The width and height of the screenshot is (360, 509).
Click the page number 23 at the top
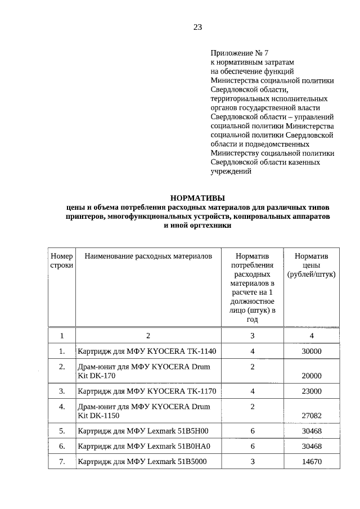click(197, 26)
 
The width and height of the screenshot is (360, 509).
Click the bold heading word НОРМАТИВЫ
click(197, 197)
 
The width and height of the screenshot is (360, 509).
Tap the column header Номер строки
click(62, 260)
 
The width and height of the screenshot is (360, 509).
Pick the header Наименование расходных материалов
click(148, 256)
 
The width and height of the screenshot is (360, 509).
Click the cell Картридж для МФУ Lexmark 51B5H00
click(143, 431)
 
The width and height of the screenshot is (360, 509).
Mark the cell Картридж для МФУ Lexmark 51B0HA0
click(143, 447)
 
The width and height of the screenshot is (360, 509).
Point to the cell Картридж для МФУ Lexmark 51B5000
click(143, 462)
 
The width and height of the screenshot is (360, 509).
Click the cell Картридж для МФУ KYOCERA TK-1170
click(147, 391)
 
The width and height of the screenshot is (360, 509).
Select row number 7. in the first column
click(62, 462)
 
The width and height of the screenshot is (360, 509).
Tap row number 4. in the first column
click(62, 406)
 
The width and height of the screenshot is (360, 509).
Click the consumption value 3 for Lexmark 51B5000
click(253, 462)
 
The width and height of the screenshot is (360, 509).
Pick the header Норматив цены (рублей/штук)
click(311, 265)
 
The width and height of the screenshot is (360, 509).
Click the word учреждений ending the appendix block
click(231, 172)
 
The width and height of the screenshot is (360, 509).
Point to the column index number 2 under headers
click(148, 336)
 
